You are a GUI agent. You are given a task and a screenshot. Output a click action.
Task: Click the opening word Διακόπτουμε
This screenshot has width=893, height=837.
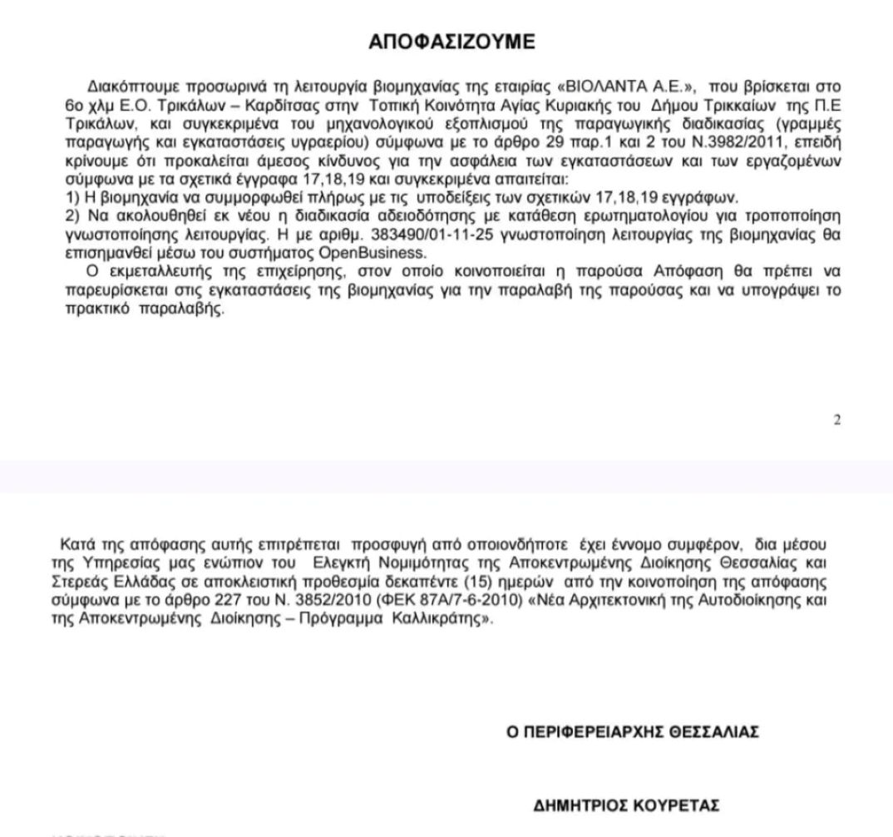125,87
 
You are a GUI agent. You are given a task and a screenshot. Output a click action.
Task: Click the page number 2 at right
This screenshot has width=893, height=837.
836,421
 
